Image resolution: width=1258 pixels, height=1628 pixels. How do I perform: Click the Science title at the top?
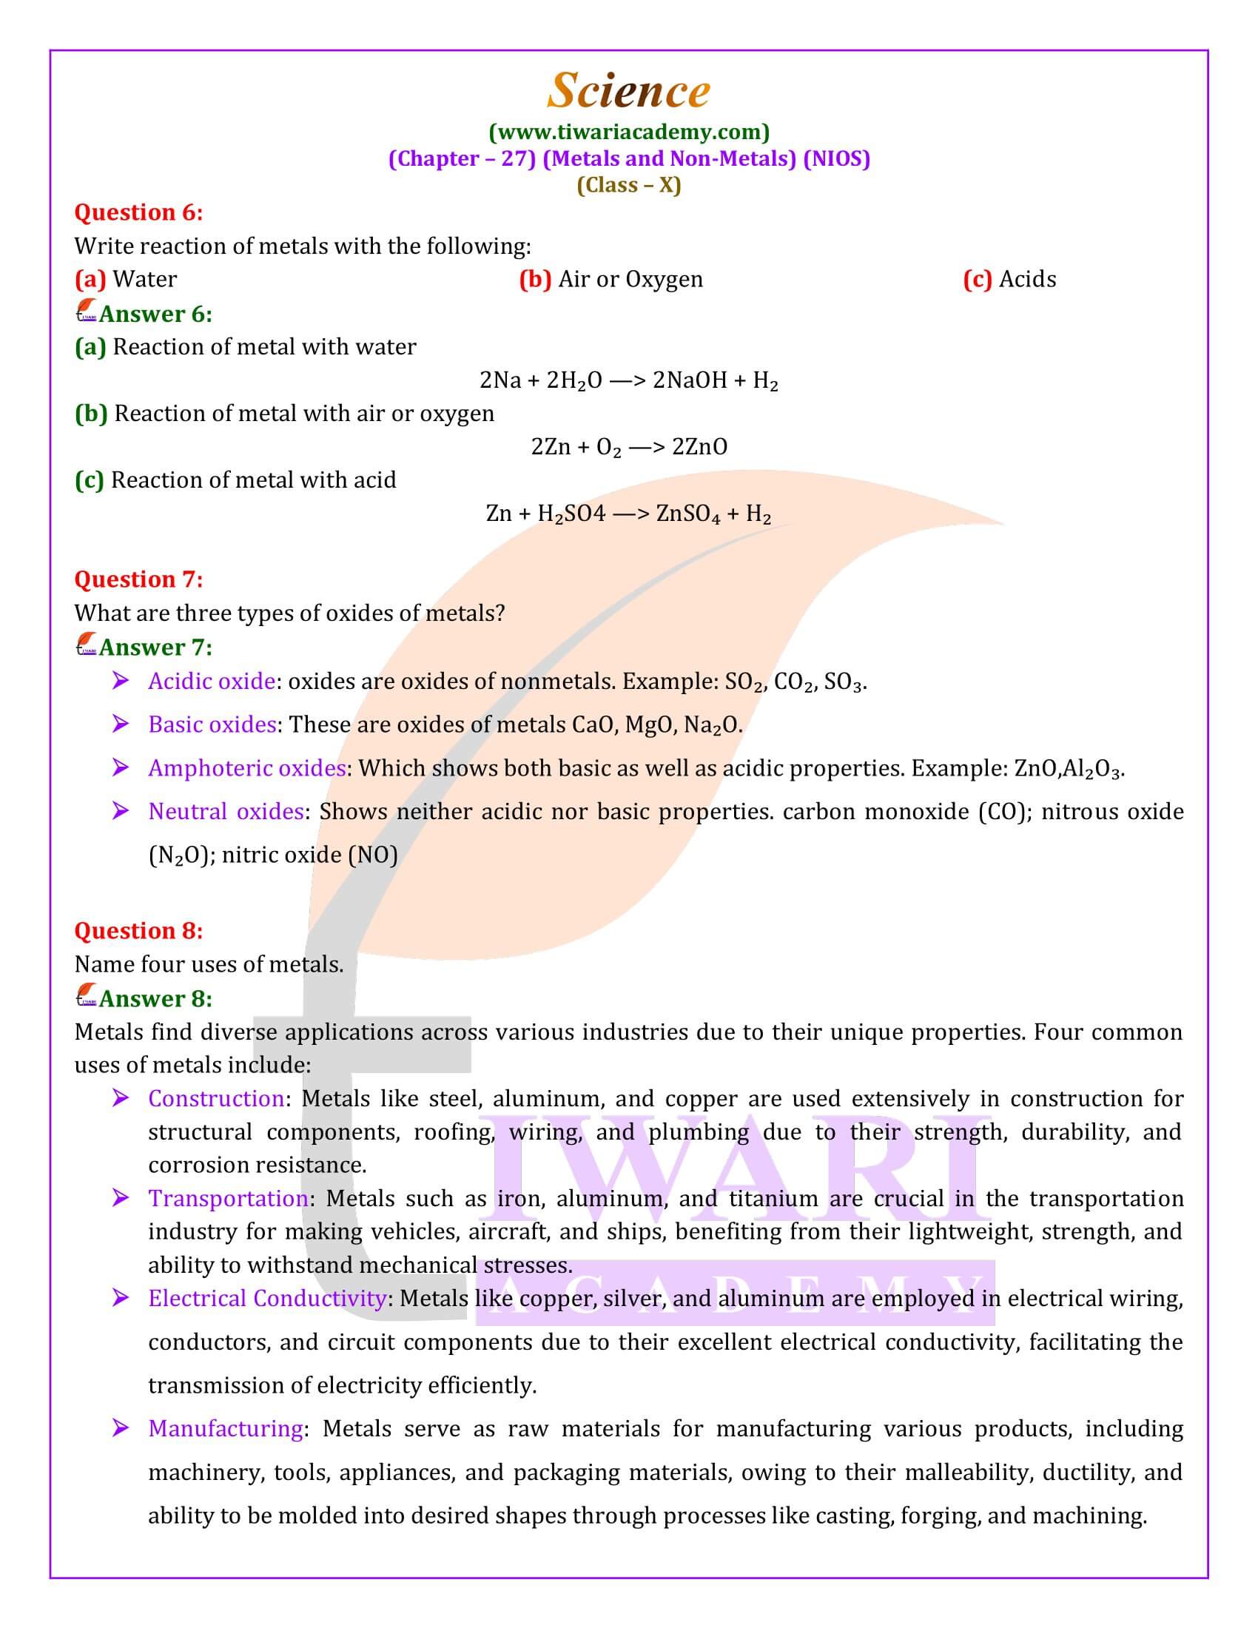click(628, 90)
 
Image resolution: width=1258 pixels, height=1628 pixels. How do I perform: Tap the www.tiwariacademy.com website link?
click(628, 132)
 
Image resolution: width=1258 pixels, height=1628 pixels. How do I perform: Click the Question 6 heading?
click(138, 212)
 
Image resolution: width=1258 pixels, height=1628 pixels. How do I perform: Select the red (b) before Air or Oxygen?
click(535, 280)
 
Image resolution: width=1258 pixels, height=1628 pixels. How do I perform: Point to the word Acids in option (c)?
click(1027, 280)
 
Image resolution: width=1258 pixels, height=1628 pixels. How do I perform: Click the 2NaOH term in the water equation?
click(689, 380)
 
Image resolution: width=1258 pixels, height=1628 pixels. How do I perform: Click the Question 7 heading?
click(138, 579)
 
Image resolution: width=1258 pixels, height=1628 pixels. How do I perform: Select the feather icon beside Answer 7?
click(86, 645)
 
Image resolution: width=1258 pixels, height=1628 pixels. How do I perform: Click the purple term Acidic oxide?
click(212, 682)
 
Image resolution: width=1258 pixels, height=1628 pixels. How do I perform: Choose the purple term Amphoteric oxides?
click(246, 768)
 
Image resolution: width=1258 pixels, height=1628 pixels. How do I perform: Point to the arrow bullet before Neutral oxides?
click(120, 810)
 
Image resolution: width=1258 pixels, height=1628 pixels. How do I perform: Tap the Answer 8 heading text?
click(155, 998)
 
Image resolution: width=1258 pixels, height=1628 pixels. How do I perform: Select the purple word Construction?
click(216, 1098)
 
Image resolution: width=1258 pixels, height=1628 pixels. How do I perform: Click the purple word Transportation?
click(228, 1198)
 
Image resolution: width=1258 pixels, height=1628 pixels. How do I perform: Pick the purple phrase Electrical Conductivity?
click(267, 1298)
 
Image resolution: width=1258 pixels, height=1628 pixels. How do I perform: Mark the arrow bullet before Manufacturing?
click(120, 1427)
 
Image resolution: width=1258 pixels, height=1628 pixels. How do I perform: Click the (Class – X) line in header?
click(628, 185)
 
